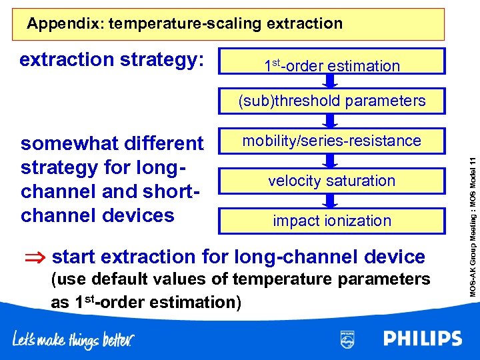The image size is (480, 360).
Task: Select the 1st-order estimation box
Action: tap(332, 65)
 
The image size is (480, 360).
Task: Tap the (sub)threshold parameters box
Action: tap(332, 101)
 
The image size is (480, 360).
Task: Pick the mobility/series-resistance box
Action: tap(332, 141)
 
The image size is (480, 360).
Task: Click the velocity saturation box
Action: tap(332, 181)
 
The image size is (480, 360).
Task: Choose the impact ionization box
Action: tap(332, 221)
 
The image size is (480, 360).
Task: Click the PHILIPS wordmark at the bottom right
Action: tap(422, 339)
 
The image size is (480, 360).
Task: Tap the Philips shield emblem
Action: tap(347, 339)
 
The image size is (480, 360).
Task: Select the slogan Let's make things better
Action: tap(73, 340)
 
